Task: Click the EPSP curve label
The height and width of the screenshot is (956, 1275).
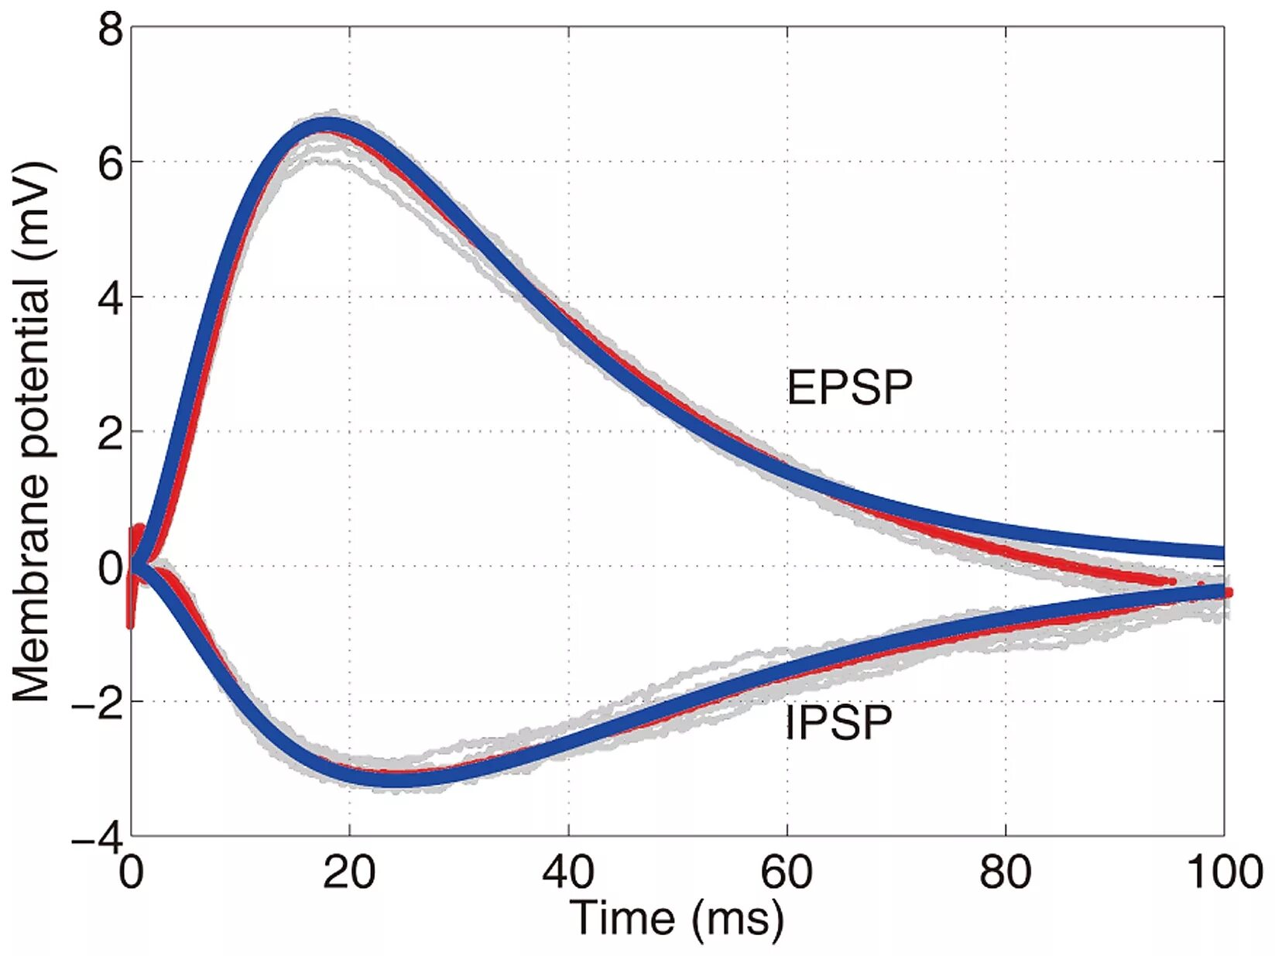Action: point(849,387)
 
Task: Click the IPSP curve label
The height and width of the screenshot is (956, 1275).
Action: point(838,722)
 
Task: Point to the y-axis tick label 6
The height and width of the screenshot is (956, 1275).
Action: point(110,164)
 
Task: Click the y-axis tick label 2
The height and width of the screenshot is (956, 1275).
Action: point(110,433)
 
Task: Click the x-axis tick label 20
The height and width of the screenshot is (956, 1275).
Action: point(349,872)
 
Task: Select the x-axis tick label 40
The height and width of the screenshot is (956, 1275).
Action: point(568,872)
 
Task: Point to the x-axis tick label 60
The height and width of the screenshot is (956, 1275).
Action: point(787,872)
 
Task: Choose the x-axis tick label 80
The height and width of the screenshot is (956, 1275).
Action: point(1005,872)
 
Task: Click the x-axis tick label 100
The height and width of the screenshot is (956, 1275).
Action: point(1224,872)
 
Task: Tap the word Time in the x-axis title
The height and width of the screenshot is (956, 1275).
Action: point(622,919)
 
